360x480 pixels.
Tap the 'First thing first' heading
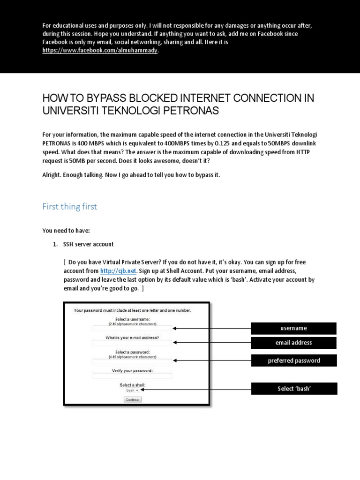(70, 207)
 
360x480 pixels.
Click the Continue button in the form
(132, 400)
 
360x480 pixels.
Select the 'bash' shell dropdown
(132, 390)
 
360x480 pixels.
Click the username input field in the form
(132, 329)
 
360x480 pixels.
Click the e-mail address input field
(132, 343)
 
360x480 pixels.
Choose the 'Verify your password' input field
(132, 375)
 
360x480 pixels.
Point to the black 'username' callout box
(294, 328)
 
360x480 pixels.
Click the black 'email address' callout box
(294, 343)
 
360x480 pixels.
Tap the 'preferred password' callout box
(294, 360)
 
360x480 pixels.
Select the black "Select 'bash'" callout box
(294, 389)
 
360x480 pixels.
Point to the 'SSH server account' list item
(89, 245)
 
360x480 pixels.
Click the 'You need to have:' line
(66, 231)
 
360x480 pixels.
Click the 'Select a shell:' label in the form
(132, 385)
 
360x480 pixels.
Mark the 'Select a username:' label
(132, 319)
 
